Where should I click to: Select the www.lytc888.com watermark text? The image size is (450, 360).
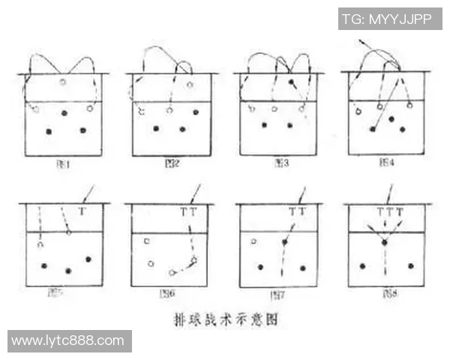coord(68,340)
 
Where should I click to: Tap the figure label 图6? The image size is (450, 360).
coord(169,294)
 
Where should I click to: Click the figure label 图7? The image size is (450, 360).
coord(277,294)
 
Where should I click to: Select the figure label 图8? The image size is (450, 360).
coord(387,294)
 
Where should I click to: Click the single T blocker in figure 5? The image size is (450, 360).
coord(82,212)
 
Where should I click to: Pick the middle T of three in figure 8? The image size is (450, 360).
coord(390,212)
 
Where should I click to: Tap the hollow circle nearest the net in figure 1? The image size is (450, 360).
coord(63,81)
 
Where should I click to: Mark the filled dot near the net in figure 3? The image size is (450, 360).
coord(291,81)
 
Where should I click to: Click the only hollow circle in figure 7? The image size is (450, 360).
coord(254,241)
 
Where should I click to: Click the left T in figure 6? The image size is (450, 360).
coord(184,212)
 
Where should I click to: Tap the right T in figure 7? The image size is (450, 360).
coord(301,212)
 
